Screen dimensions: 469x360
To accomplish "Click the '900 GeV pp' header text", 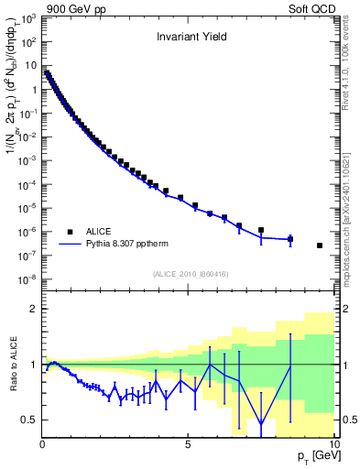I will coord(72,7).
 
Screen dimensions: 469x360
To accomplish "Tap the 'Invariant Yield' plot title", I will coord(189,38).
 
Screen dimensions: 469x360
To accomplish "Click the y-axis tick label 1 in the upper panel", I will coord(33,90).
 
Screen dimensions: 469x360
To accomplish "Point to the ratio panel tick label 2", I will coord(33,309).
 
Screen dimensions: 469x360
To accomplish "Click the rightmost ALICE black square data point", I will coord(320,245).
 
